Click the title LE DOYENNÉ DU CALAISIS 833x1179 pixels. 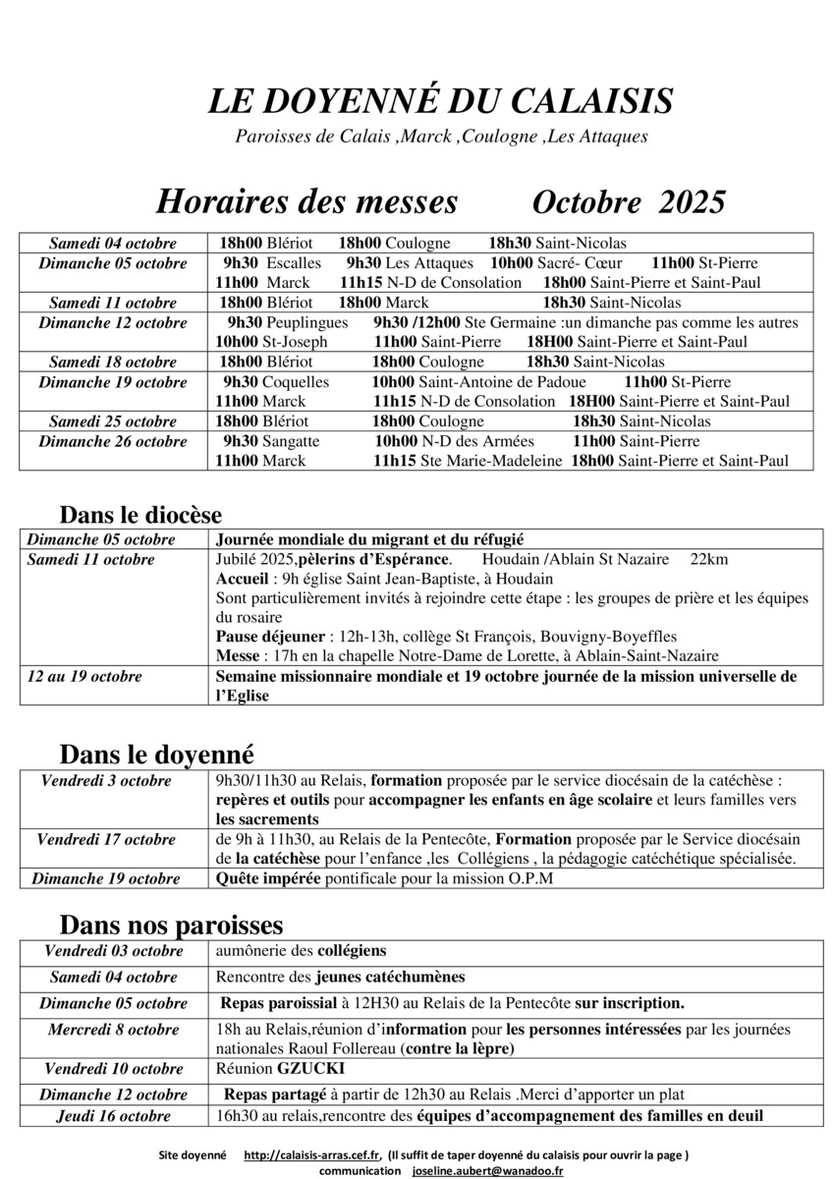(x=440, y=101)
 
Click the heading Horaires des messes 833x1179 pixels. (x=306, y=201)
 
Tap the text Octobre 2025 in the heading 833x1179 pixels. (x=628, y=201)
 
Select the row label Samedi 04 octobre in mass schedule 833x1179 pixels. (x=113, y=244)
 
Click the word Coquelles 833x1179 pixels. (x=299, y=382)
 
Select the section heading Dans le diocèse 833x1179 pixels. (x=140, y=515)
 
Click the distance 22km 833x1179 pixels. (x=709, y=559)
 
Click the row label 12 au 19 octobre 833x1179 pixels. (x=84, y=676)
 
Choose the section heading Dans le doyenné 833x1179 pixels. (x=156, y=755)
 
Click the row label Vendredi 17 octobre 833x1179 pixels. (x=106, y=839)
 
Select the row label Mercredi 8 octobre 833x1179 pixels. (x=113, y=1030)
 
